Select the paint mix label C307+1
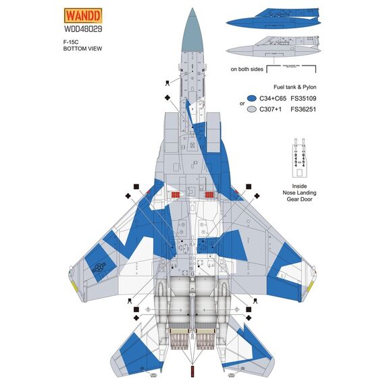[275, 109]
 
